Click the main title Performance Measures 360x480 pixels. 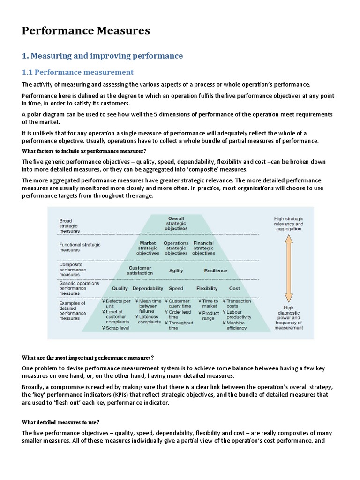[x=86, y=31]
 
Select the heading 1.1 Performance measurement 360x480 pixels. [x=78, y=72]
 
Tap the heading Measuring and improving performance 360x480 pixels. [x=102, y=56]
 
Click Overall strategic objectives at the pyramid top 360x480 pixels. [x=176, y=223]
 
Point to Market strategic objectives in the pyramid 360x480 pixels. [x=148, y=248]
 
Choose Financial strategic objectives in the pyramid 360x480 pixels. [x=203, y=248]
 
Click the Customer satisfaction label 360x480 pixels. [x=140, y=270]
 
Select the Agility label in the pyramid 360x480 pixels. [x=176, y=270]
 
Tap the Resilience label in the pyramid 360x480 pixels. [x=216, y=270]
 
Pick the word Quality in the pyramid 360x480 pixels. [x=120, y=288]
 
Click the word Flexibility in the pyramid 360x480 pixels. [x=207, y=288]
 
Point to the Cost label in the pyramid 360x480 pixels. [x=234, y=288]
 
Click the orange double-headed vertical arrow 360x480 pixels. [x=289, y=267]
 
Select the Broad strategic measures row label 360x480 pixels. [x=69, y=225]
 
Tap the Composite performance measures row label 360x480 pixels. [x=73, y=270]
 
